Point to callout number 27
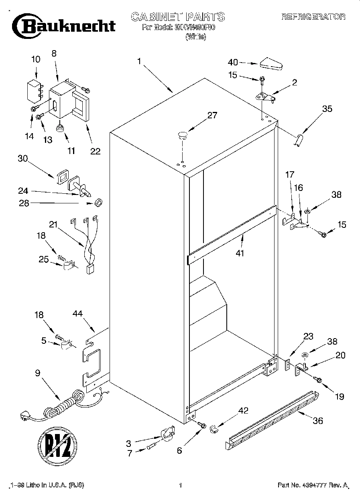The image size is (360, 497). (x=212, y=116)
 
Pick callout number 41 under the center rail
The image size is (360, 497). (x=240, y=253)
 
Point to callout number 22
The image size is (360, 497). (x=95, y=151)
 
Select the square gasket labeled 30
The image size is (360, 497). (x=62, y=176)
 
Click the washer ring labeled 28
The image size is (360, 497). (x=97, y=203)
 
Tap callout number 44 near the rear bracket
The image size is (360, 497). (x=78, y=314)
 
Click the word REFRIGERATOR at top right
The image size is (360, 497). (x=313, y=17)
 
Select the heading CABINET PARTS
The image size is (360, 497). (x=177, y=17)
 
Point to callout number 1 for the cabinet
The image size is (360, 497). (x=139, y=61)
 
